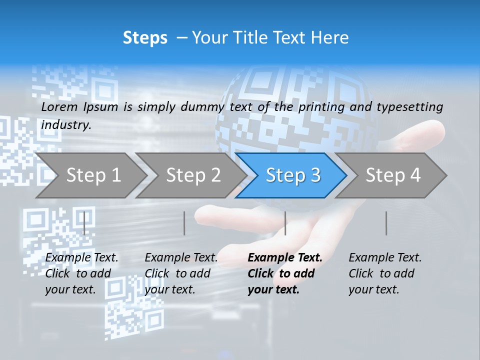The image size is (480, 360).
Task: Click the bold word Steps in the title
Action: click(145, 38)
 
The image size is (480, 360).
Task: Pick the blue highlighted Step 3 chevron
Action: click(292, 175)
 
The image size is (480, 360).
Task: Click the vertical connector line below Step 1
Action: click(84, 223)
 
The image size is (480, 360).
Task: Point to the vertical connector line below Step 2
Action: click(184, 223)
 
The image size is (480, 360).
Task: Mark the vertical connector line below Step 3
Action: click(285, 223)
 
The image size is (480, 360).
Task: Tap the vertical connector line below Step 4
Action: click(386, 223)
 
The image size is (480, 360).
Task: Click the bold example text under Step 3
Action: click(284, 273)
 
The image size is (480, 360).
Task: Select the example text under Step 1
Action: click(81, 273)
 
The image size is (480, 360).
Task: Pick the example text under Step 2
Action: click(181, 273)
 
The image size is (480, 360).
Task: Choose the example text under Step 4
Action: click(385, 273)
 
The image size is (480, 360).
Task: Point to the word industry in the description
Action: click(66, 125)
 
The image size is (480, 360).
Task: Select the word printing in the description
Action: click(322, 107)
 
